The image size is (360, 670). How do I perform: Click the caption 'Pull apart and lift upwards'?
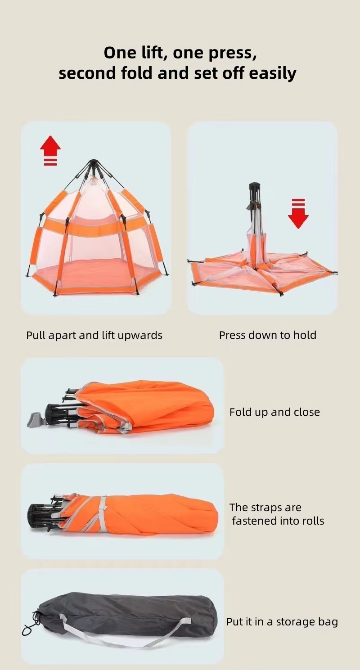94,335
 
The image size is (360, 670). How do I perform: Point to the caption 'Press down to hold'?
268,335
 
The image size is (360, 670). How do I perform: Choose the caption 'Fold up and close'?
274,412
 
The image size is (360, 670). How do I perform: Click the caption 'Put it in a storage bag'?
282,622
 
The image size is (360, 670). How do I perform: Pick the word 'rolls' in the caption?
311,521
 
